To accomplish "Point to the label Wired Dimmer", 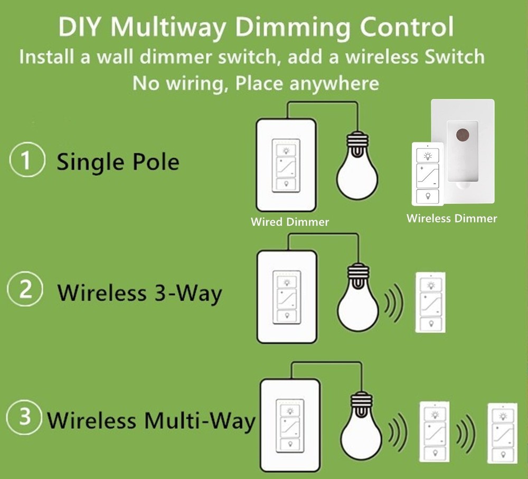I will (290, 222).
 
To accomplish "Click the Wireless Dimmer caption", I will (451, 218).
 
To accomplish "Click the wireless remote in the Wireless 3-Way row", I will (430, 302).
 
